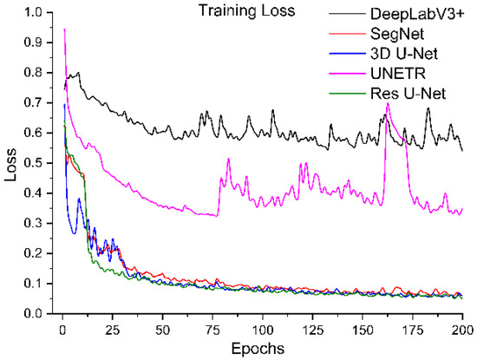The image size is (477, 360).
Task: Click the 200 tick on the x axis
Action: (x=461, y=330)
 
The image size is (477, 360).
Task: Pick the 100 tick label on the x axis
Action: (x=261, y=330)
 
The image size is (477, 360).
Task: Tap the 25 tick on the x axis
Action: (x=110, y=330)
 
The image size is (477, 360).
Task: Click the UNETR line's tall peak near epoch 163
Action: (x=388, y=103)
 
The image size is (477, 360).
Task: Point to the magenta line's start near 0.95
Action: (x=63, y=29)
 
